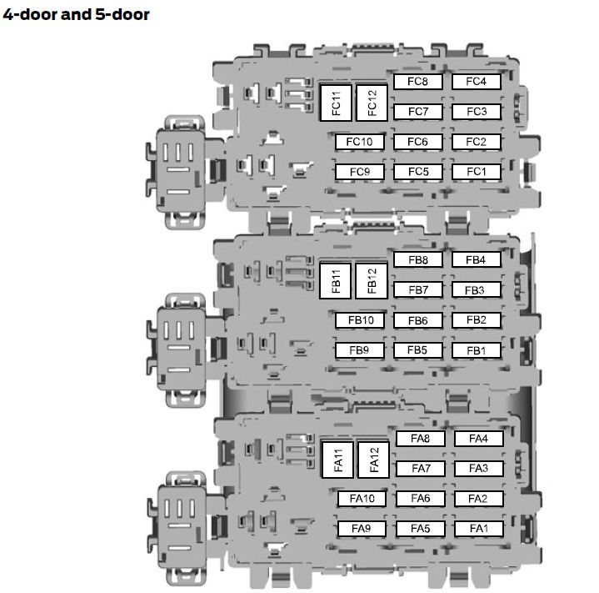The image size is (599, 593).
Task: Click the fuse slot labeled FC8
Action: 418,82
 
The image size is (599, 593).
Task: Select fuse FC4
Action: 476,82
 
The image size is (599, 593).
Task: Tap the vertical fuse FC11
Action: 336,103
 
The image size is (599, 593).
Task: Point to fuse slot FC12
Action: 372,103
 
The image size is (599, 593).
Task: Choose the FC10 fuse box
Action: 359,142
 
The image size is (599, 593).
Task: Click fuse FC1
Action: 476,172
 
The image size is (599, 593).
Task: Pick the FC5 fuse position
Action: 418,172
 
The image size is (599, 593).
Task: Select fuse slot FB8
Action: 418,260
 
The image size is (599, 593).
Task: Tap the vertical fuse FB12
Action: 372,281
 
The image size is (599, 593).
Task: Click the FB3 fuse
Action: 476,289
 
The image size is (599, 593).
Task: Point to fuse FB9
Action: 359,350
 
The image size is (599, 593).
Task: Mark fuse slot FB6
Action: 418,320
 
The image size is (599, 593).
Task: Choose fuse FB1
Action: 476,350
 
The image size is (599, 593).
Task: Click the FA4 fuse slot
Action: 479,439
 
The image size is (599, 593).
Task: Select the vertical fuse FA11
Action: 337,460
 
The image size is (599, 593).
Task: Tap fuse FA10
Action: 362,499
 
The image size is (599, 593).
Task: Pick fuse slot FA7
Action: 421,469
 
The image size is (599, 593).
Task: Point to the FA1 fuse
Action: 479,529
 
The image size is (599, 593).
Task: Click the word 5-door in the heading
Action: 122,14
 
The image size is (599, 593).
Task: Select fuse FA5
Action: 421,529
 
